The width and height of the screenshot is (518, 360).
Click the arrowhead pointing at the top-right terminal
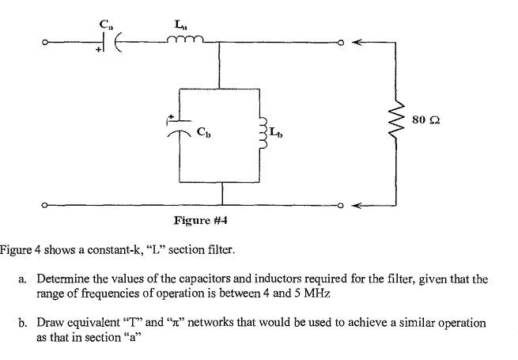click(x=357, y=44)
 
